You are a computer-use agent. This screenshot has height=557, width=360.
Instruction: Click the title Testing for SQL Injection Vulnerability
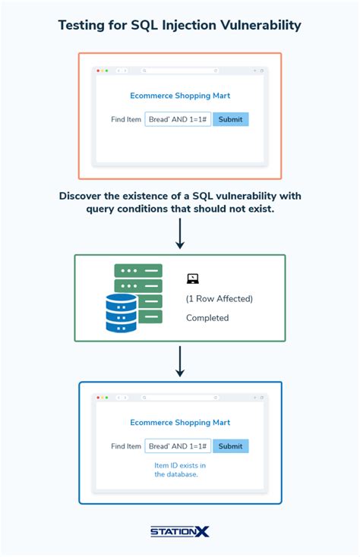[x=180, y=26]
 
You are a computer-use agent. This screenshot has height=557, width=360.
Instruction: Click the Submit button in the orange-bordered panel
[x=230, y=119]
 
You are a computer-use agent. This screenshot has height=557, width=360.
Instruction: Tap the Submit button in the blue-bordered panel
[x=230, y=446]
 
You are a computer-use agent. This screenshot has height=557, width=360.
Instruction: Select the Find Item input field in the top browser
[x=178, y=119]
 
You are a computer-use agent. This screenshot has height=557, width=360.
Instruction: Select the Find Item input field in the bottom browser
[x=178, y=446]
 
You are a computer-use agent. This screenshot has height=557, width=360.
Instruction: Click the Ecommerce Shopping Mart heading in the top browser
[x=179, y=96]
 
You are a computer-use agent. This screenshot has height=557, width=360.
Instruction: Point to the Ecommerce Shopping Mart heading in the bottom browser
[x=179, y=423]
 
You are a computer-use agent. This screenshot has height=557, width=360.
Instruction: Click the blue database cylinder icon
[x=122, y=313]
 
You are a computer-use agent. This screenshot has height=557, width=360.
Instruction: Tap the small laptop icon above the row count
[x=192, y=278]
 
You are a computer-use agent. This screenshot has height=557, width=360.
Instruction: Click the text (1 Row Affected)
[x=219, y=298]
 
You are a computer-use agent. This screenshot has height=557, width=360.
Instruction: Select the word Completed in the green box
[x=207, y=318]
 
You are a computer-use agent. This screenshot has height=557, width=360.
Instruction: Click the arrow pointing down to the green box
[x=180, y=233]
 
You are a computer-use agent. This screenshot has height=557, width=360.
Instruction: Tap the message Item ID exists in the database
[x=179, y=469]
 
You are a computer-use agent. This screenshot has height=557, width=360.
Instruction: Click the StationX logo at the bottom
[x=179, y=533]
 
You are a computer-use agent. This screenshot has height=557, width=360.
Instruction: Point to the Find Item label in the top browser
[x=126, y=119]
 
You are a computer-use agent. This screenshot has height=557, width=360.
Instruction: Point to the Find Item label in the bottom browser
[x=126, y=446]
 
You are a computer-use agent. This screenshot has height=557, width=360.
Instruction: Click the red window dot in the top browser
[x=98, y=71]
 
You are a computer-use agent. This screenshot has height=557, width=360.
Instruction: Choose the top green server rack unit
[x=138, y=271]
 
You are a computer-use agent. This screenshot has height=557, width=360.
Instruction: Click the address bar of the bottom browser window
[x=180, y=398]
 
